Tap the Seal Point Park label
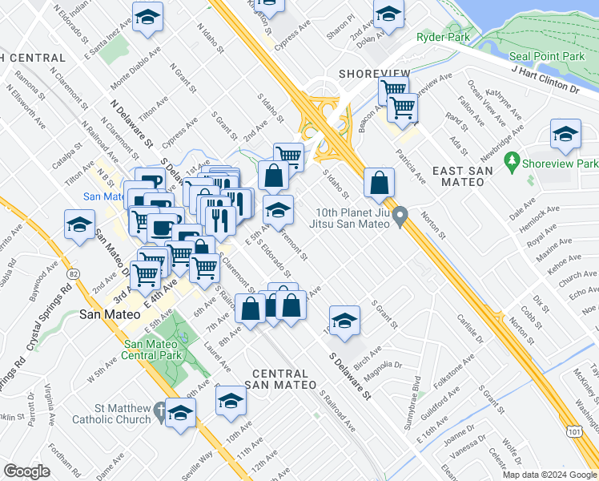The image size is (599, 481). coord(548,57)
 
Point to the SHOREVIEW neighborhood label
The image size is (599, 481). coord(374,73)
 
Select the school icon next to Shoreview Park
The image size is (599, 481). coord(565,135)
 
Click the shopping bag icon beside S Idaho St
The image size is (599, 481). coord(378,183)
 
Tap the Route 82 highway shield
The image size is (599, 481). coord(74,275)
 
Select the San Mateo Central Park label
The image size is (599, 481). coord(153,350)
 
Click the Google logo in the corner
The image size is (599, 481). coord(26,471)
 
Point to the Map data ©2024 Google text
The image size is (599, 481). coord(549,474)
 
